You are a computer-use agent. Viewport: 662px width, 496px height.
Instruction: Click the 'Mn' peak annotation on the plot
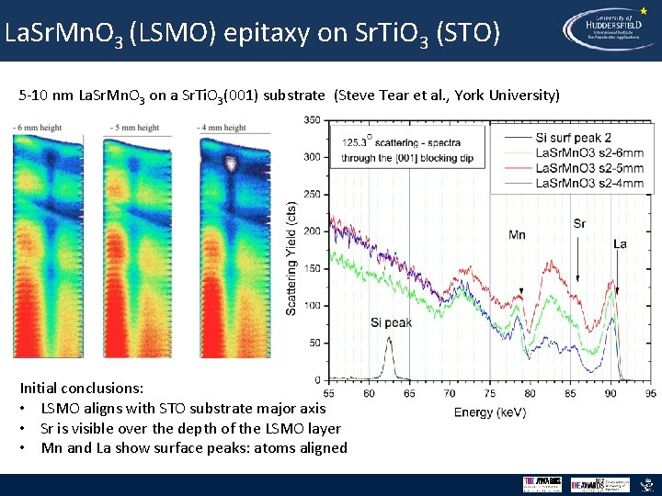pyautogui.click(x=517, y=235)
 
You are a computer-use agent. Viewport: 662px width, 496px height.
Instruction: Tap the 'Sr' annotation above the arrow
pyautogui.click(x=578, y=223)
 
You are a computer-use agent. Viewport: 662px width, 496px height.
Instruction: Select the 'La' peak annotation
pyautogui.click(x=620, y=244)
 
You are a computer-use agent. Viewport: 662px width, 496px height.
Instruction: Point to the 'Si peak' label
pyautogui.click(x=392, y=322)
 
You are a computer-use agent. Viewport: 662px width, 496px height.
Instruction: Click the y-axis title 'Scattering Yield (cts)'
pyautogui.click(x=291, y=259)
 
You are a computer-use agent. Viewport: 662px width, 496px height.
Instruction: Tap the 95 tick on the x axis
pyautogui.click(x=650, y=393)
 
